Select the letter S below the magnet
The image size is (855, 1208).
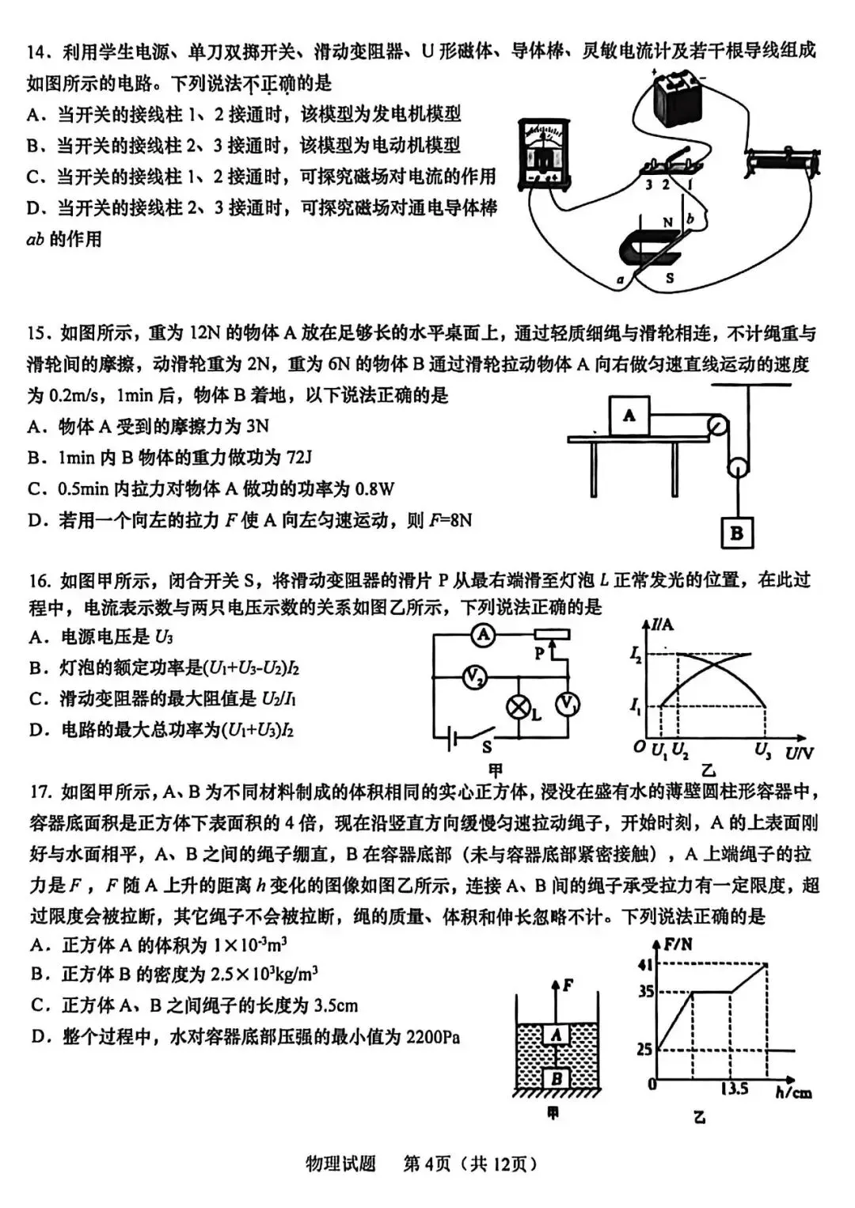pyautogui.click(x=670, y=278)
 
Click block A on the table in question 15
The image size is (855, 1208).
pyautogui.click(x=629, y=416)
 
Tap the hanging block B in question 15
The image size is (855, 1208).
pyautogui.click(x=736, y=533)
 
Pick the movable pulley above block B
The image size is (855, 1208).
pyautogui.click(x=738, y=466)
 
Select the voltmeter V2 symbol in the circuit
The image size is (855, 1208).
pyautogui.click(x=474, y=677)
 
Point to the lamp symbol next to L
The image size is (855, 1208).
pyautogui.click(x=519, y=707)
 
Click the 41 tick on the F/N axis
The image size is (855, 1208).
pyautogui.click(x=645, y=964)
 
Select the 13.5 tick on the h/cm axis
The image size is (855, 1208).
pyautogui.click(x=734, y=1089)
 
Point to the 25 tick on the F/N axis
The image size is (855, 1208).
pyautogui.click(x=644, y=1050)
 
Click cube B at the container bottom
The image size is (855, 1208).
pyautogui.click(x=557, y=1078)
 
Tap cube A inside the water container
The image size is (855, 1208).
pyautogui.click(x=557, y=1035)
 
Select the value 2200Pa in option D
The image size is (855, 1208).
pyautogui.click(x=433, y=1037)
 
